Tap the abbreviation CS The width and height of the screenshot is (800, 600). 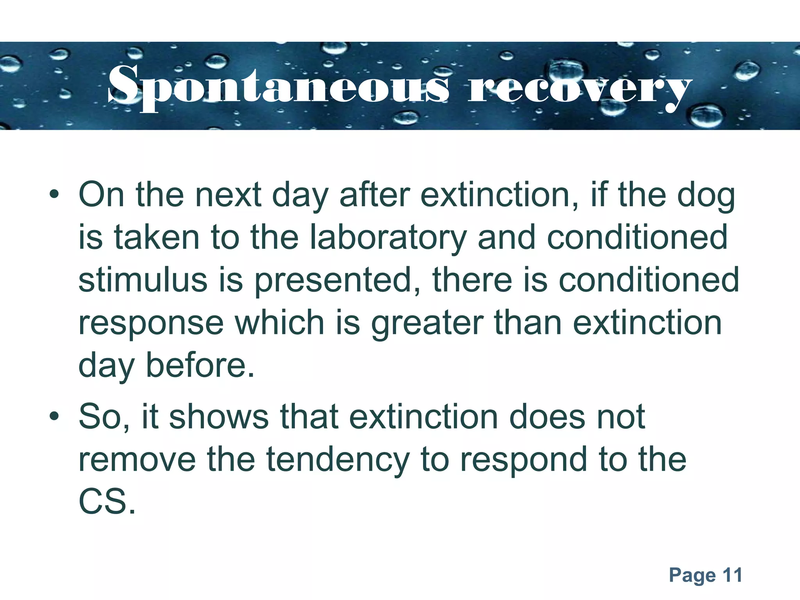(106, 502)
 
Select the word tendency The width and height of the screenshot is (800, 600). (338, 460)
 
